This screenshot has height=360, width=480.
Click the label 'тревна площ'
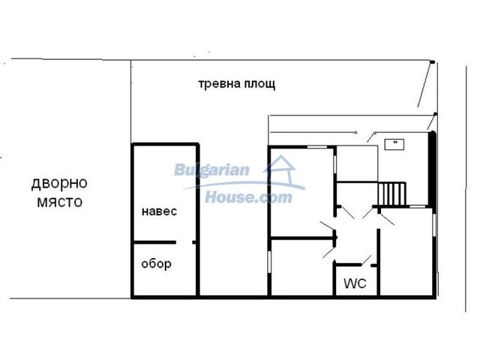(237, 83)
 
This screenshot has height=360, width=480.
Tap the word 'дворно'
(59, 183)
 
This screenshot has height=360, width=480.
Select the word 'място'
(60, 202)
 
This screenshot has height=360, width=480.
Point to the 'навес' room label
(159, 211)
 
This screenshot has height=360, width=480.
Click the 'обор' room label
(156, 264)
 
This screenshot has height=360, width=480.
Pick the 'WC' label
(355, 283)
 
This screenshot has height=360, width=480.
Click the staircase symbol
(392, 193)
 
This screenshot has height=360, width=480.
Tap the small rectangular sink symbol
(394, 144)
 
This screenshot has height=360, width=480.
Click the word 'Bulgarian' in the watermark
(211, 170)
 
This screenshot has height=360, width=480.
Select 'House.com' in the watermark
(248, 196)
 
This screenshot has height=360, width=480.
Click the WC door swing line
(366, 260)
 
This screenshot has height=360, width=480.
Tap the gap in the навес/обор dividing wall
(184, 242)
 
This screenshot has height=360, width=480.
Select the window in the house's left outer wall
(269, 262)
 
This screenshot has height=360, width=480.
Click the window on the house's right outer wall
(434, 225)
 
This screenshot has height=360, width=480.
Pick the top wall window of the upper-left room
(317, 147)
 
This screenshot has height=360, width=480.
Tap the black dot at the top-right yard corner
(432, 62)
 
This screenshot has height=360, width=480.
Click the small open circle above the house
(355, 133)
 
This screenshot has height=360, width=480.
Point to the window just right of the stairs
(418, 207)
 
